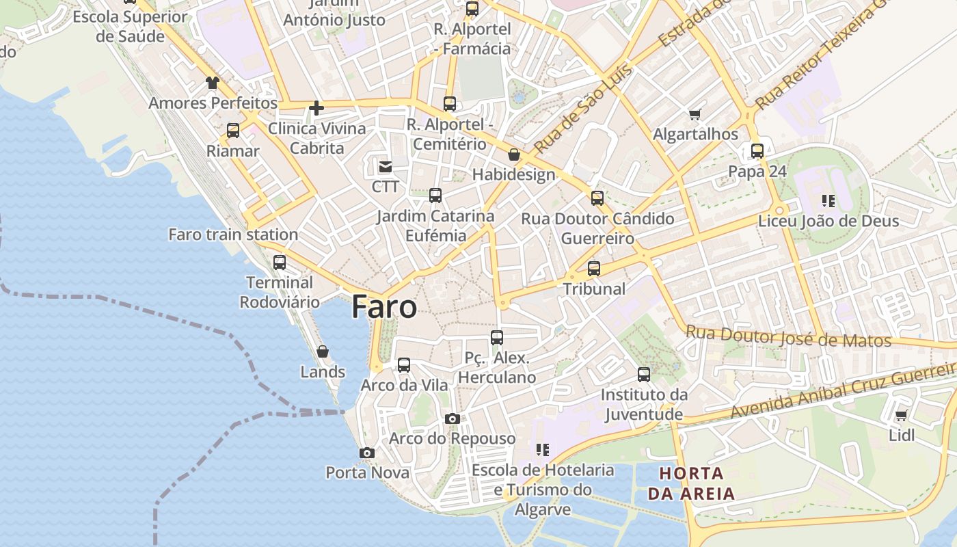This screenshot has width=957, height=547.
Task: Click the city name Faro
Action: coord(384,308)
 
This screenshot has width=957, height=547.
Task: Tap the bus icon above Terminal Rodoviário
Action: coord(279,263)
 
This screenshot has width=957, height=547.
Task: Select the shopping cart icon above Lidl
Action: coord(902,415)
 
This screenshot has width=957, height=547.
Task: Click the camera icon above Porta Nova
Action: coord(367,453)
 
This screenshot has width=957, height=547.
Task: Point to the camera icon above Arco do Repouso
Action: coord(452,418)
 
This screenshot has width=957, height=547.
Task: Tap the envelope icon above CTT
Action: coord(386,166)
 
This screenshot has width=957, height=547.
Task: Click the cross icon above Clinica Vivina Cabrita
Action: coord(316,108)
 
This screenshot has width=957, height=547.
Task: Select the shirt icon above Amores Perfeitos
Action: coord(213,83)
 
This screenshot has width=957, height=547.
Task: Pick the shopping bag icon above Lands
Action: coord(323,351)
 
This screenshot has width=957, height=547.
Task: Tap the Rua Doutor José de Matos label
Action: coord(788,336)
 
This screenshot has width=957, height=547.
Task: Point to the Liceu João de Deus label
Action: coord(828,221)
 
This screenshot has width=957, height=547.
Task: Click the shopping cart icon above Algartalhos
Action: coord(695,114)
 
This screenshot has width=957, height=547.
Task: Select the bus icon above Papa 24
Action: coord(757,151)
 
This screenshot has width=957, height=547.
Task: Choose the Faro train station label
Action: coord(233,235)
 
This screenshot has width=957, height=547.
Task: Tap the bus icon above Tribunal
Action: coord(594,269)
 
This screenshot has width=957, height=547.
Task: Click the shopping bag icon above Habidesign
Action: coord(514,155)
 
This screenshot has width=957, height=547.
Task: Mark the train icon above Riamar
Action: coord(233,131)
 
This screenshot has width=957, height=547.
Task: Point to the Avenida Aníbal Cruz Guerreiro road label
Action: coord(842,390)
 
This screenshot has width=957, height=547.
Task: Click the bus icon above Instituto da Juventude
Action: coord(644,375)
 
